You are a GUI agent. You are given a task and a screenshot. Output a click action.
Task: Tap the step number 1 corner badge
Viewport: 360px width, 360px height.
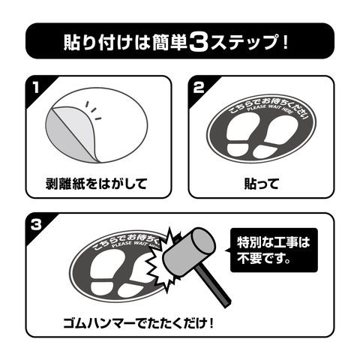tap(37, 88)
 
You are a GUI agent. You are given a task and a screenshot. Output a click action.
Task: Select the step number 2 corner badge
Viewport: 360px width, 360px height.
tap(199, 88)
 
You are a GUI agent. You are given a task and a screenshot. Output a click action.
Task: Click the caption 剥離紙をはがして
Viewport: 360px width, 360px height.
tap(96, 184)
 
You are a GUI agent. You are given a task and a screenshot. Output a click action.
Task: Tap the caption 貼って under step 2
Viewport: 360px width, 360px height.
tap(261, 184)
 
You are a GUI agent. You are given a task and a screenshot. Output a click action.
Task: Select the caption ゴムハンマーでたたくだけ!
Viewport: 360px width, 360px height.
tap(139, 323)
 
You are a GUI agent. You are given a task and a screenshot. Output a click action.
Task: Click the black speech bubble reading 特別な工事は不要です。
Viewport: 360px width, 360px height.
tap(274, 250)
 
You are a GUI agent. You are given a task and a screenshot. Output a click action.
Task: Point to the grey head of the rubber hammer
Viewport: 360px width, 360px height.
tap(189, 252)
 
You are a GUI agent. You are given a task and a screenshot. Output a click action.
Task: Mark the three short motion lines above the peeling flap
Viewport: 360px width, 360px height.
tap(93, 110)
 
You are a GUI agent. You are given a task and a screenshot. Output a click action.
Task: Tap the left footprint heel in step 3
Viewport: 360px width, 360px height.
tap(101, 289)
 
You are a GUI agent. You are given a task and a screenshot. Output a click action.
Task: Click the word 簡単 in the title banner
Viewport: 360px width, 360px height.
tap(169, 42)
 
